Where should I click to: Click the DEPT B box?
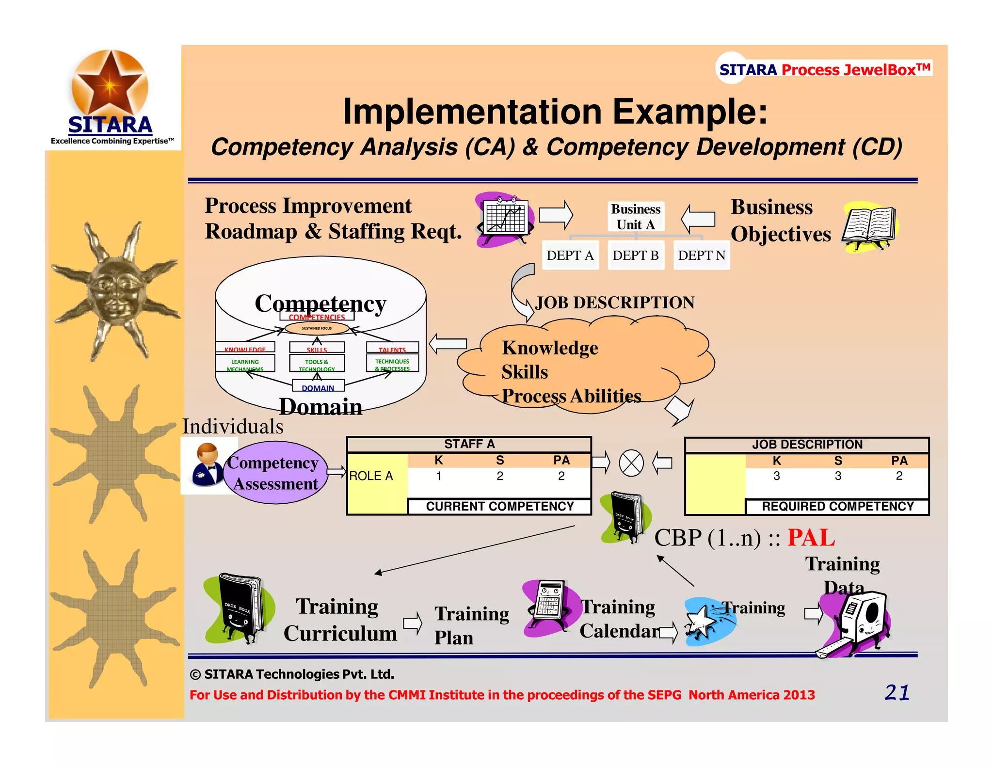point(635,255)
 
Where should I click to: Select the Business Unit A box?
point(636,216)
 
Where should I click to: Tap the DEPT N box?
point(701,255)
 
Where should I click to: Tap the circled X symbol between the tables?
point(631,463)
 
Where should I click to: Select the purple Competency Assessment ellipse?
point(275,473)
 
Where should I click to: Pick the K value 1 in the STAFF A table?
point(438,476)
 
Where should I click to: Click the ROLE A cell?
point(371,476)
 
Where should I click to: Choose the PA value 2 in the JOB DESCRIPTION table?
point(899,476)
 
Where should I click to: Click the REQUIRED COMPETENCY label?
point(837,507)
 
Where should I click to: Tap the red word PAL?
point(811,538)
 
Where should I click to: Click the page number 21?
point(897,692)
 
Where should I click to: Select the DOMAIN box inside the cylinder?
point(318,387)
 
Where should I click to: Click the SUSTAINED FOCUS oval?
point(317,328)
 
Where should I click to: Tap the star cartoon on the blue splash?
point(701,623)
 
